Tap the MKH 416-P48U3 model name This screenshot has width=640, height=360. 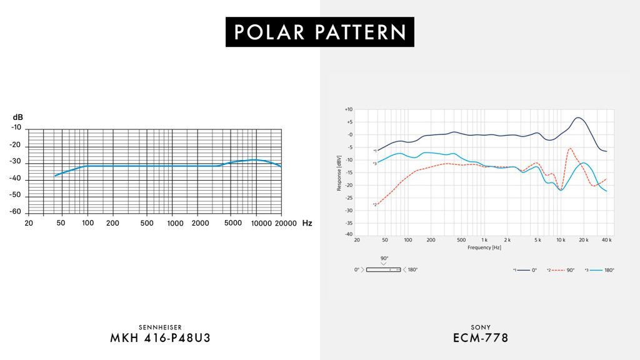pyautogui.click(x=160, y=338)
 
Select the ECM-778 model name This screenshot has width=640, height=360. pyautogui.click(x=480, y=338)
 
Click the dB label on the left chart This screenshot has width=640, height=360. pyautogui.click(x=17, y=117)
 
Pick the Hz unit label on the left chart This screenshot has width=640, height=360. pyautogui.click(x=307, y=223)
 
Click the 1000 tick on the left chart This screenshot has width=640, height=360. pyautogui.click(x=176, y=223)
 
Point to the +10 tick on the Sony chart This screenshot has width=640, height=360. pyautogui.click(x=349, y=109)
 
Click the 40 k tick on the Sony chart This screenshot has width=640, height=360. pyautogui.click(x=606, y=240)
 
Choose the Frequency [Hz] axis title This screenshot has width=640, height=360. pyautogui.click(x=484, y=247)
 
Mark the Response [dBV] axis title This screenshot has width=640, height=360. pyautogui.click(x=339, y=172)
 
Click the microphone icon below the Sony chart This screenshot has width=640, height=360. pyautogui.click(x=383, y=269)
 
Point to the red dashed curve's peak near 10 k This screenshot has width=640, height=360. pyautogui.click(x=570, y=148)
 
